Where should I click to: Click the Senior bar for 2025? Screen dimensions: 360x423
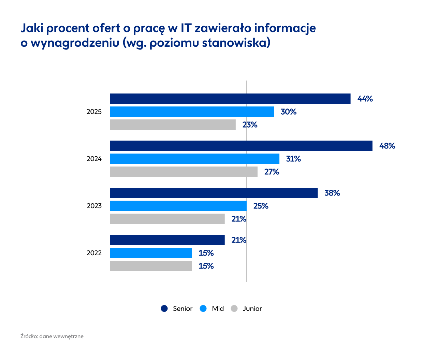[230, 99]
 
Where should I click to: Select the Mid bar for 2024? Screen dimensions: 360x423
[194, 159]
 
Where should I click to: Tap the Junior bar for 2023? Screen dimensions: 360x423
[167, 219]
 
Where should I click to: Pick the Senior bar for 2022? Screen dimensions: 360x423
[167, 240]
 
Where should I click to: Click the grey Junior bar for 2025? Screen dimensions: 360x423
[173, 125]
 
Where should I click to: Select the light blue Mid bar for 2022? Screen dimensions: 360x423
[151, 253]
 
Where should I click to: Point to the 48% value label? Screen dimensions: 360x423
[387, 146]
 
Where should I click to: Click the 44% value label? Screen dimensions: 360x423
[365, 99]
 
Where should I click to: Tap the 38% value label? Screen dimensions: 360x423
[332, 193]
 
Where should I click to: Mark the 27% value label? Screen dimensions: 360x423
[272, 172]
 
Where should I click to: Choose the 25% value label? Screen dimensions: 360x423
[261, 206]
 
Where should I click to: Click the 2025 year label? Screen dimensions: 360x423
[94, 112]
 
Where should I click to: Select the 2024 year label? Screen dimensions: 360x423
[94, 159]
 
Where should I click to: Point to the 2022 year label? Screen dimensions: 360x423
[94, 253]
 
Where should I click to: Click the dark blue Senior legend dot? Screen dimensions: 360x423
[164, 308]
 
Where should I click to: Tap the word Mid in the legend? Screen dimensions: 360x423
[218, 308]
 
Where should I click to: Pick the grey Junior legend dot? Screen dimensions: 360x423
[234, 308]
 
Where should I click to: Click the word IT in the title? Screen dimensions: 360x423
[186, 28]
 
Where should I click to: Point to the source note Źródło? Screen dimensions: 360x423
[29, 336]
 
